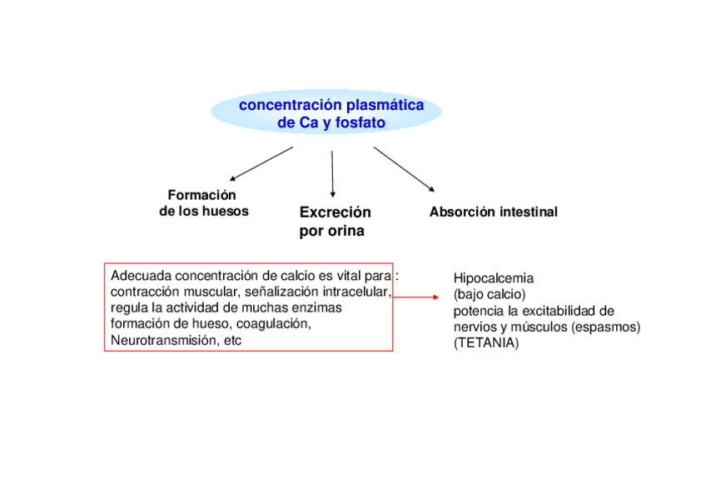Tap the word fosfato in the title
tap(360, 122)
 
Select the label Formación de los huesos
tap(203, 202)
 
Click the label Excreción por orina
tap(335, 222)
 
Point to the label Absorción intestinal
tap(493, 212)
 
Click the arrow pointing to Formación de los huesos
tap(261, 163)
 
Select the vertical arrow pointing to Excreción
tap(332, 173)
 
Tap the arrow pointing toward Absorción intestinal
tap(404, 169)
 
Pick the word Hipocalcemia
tap(494, 278)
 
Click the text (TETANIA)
tap(485, 342)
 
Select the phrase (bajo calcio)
tap(490, 294)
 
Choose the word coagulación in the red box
tap(274, 323)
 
